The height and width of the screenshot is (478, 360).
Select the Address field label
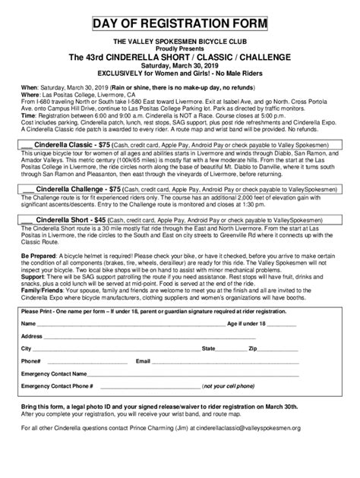click(33, 335)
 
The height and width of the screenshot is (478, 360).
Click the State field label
click(207, 348)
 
